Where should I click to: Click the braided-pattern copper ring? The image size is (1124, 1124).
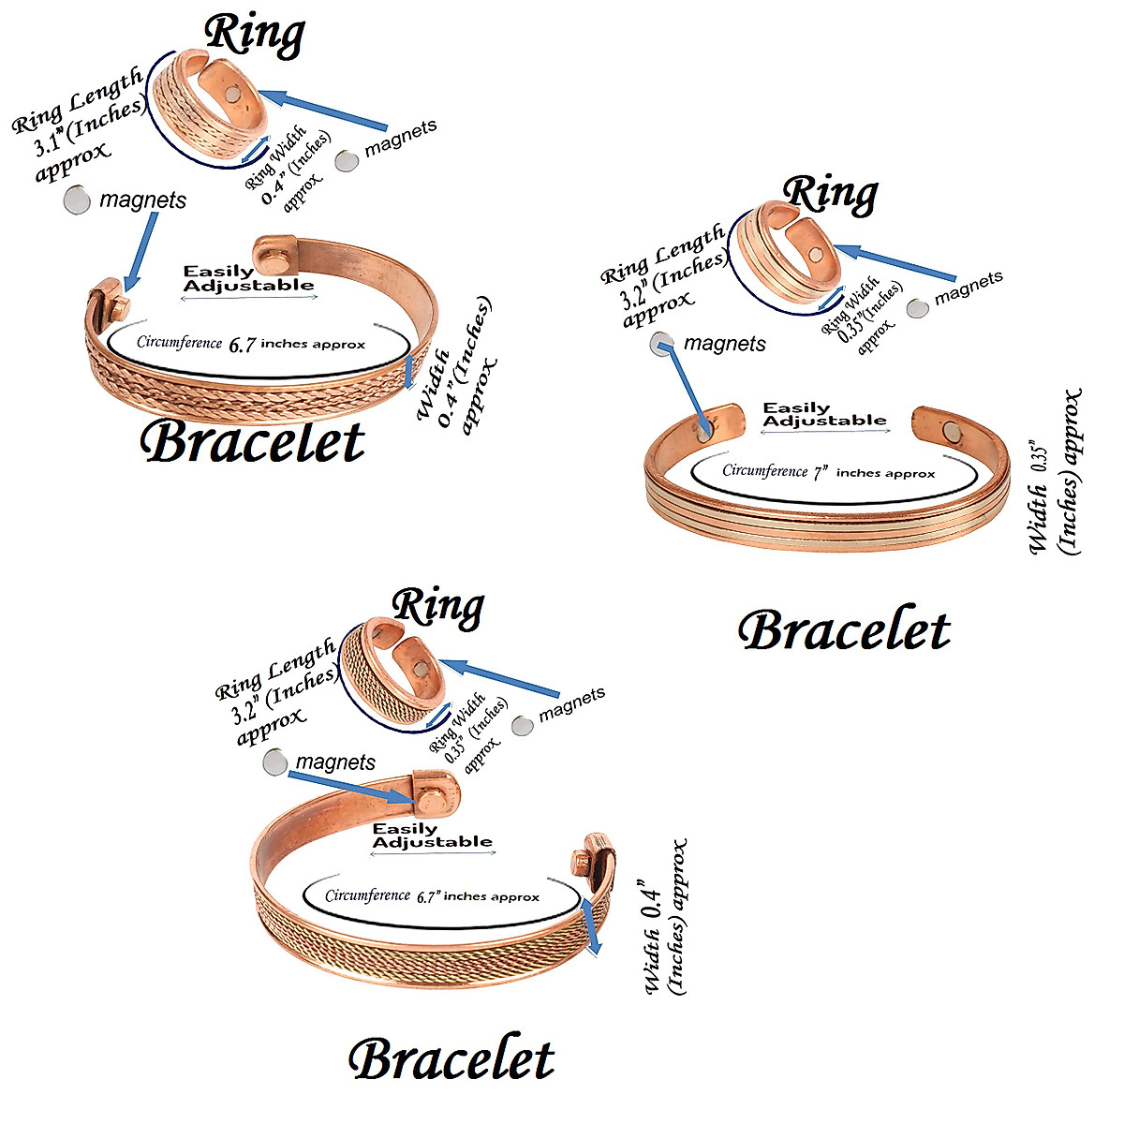201,111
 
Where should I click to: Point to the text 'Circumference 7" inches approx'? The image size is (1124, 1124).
828,472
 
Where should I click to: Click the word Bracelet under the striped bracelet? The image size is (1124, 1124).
844,631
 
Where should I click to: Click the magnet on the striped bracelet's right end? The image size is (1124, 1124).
953,432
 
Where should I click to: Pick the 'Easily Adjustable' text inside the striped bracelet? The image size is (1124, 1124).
823,414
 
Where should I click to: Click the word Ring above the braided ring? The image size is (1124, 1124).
255,35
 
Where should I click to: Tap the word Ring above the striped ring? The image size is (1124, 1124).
830,194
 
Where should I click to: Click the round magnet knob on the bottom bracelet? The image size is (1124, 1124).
432,802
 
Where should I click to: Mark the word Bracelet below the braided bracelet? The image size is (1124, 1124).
252,443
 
